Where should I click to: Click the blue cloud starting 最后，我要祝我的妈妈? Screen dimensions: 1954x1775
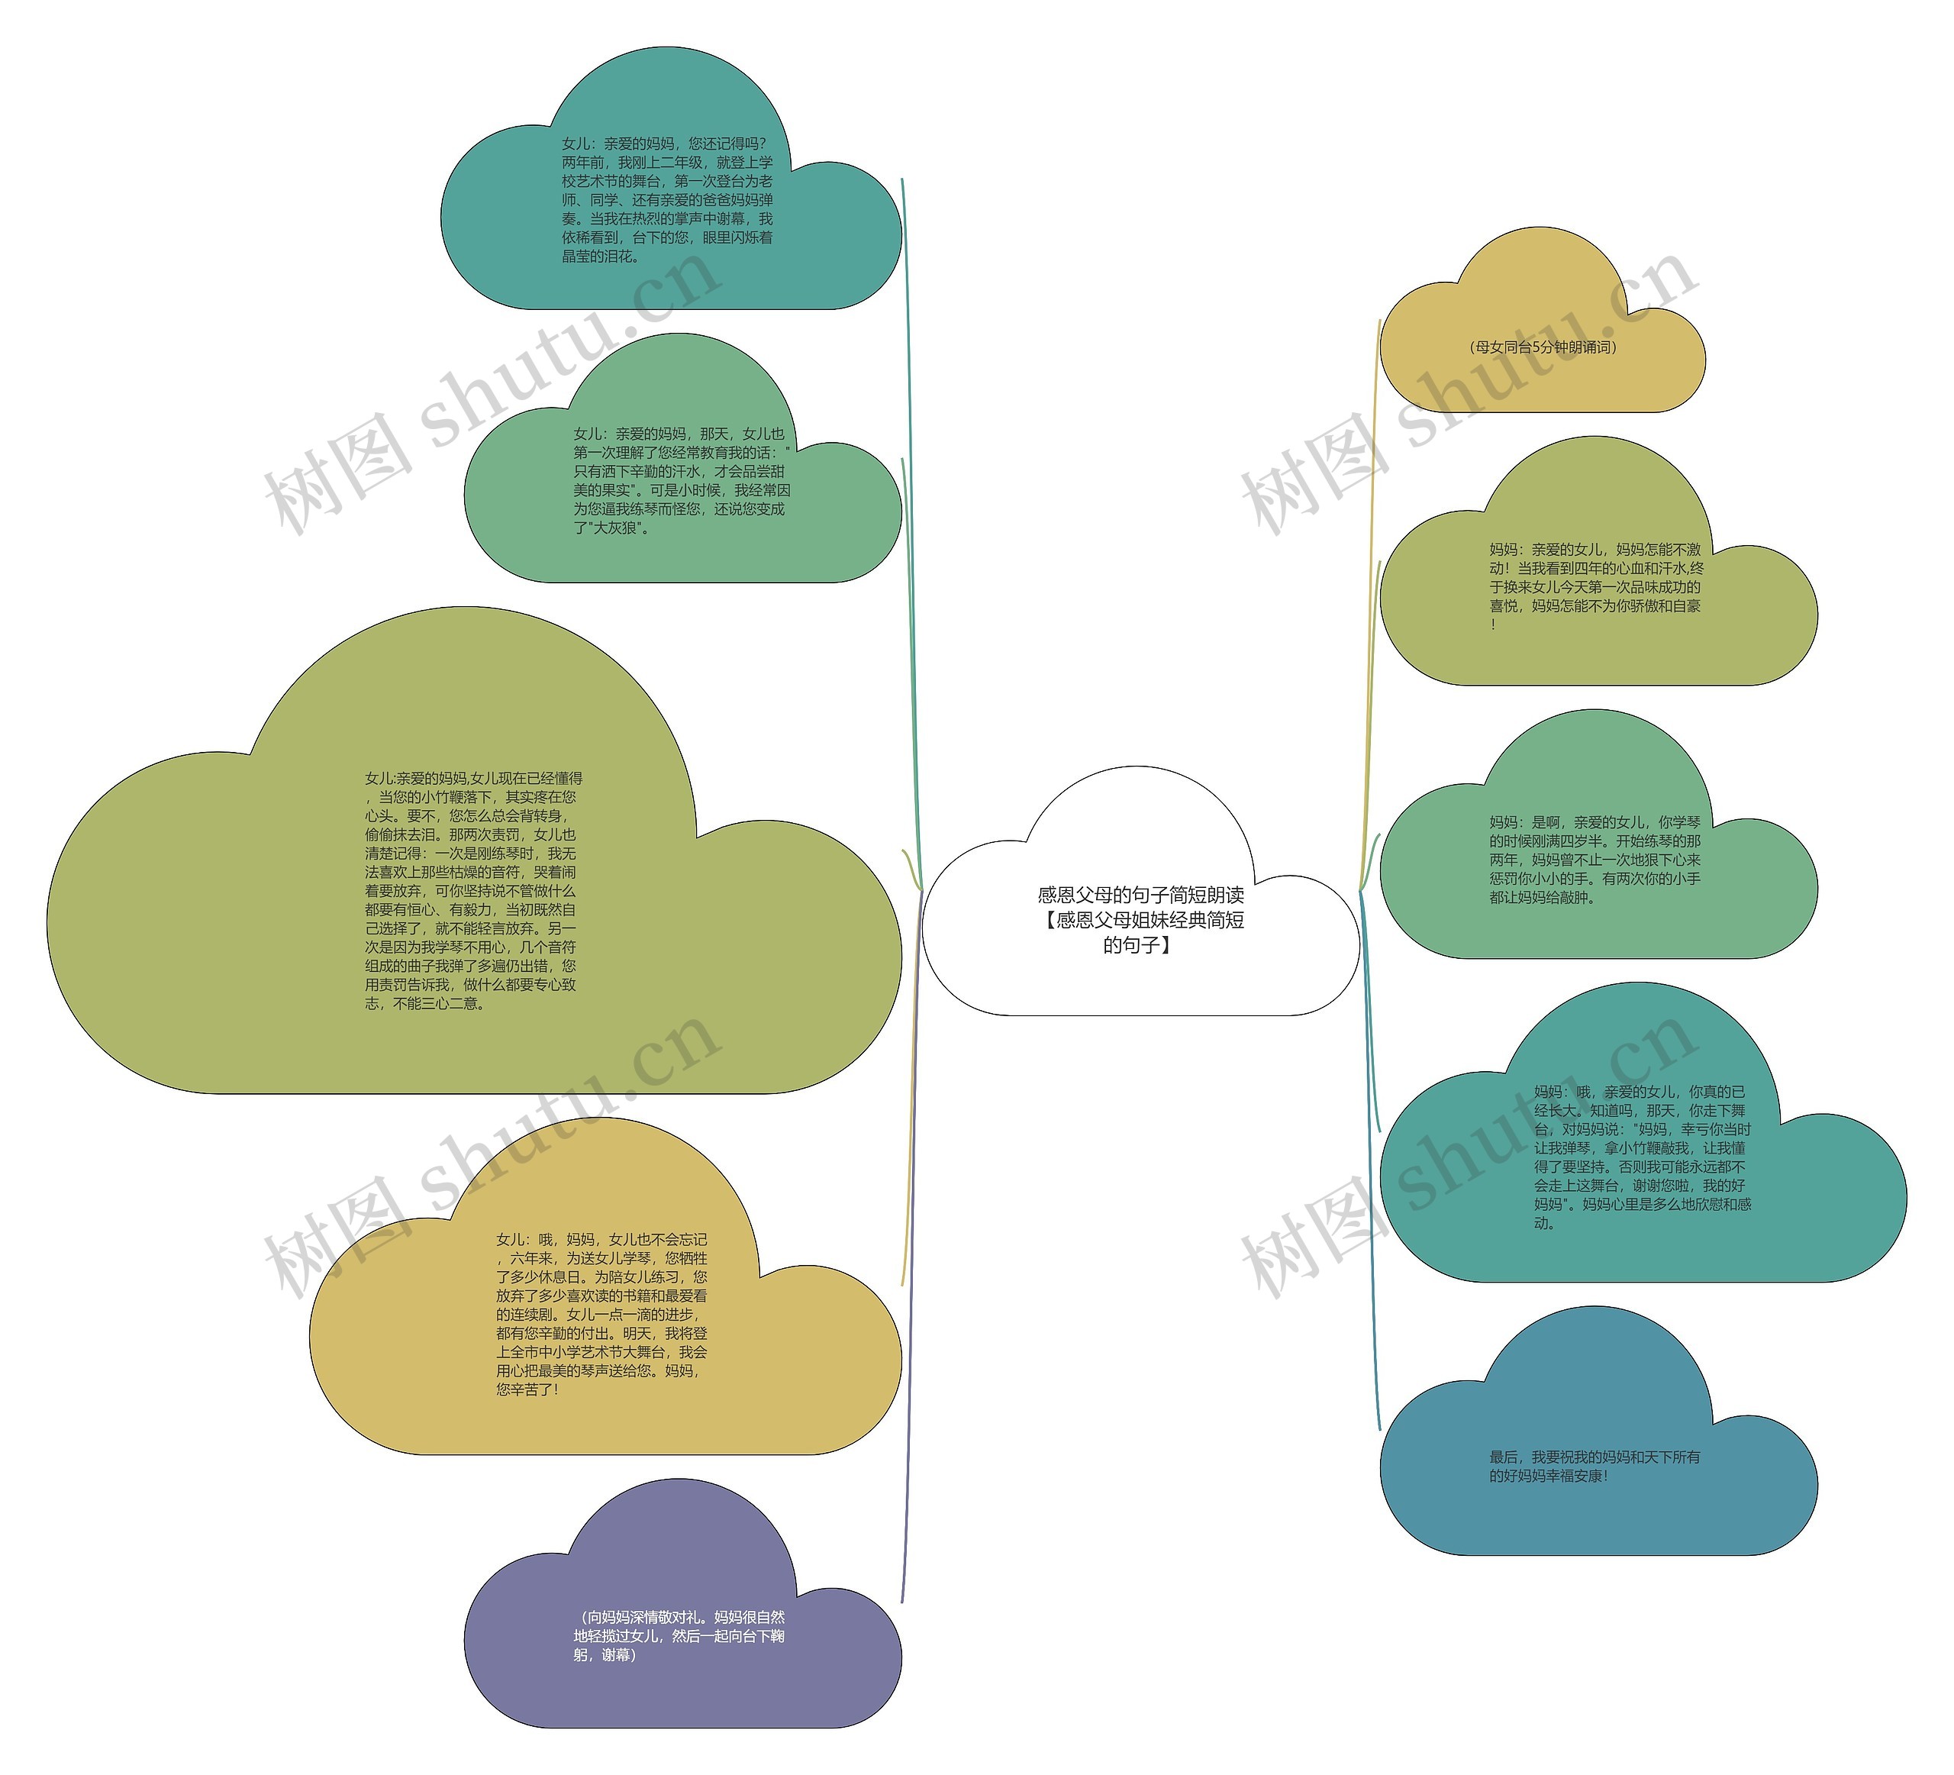(x=1594, y=1466)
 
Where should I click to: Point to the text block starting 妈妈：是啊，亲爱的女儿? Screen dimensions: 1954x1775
(x=1594, y=860)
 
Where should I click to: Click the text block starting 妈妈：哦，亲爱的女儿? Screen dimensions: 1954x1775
(x=1642, y=1157)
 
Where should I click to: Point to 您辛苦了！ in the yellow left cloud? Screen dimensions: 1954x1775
(x=527, y=1389)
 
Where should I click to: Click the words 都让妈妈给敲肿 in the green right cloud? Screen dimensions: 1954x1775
(x=1542, y=898)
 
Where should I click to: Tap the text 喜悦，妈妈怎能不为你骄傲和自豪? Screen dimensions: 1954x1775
(x=1594, y=606)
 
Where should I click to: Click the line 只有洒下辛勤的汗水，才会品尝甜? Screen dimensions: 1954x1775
(x=679, y=471)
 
